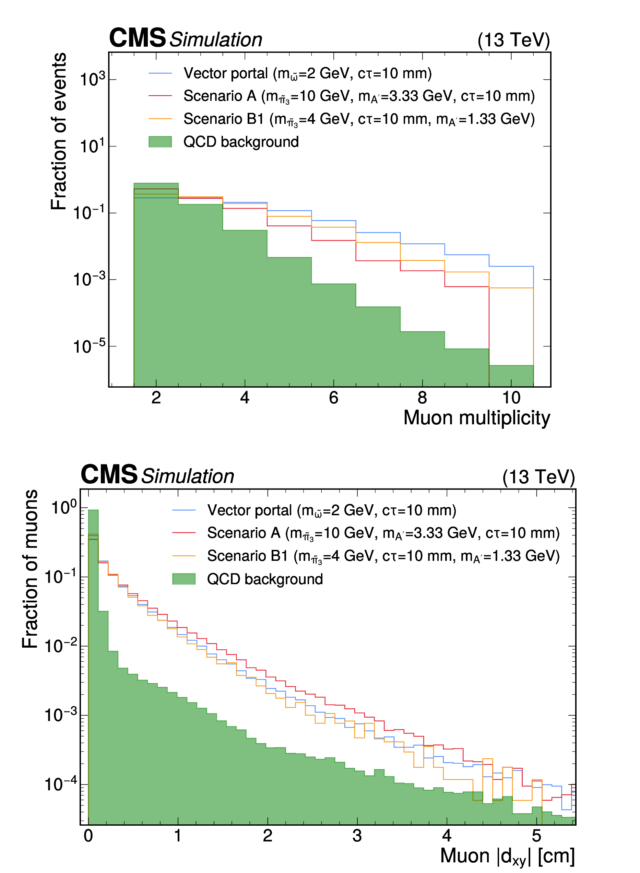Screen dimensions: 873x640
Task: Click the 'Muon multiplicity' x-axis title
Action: [476, 418]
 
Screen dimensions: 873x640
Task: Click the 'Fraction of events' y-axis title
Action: [59, 131]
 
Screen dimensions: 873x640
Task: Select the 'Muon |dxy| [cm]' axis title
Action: [507, 856]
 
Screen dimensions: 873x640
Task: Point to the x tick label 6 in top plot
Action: [334, 398]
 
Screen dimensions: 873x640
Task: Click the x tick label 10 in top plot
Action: [511, 398]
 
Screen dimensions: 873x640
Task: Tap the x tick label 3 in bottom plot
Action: [357, 836]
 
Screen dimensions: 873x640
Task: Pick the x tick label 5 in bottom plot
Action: [536, 836]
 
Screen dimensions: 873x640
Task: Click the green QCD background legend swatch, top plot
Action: [160, 142]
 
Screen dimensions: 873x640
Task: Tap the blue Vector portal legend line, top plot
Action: [160, 73]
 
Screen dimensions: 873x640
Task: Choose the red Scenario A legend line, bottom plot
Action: [183, 533]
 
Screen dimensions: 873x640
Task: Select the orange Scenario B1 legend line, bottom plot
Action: [183, 556]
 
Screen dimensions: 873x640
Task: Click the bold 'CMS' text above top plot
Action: [137, 38]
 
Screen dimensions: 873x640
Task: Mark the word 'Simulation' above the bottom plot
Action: [188, 476]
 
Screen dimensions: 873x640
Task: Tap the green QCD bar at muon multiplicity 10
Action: [511, 376]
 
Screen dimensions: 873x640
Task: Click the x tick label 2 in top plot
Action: [156, 398]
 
